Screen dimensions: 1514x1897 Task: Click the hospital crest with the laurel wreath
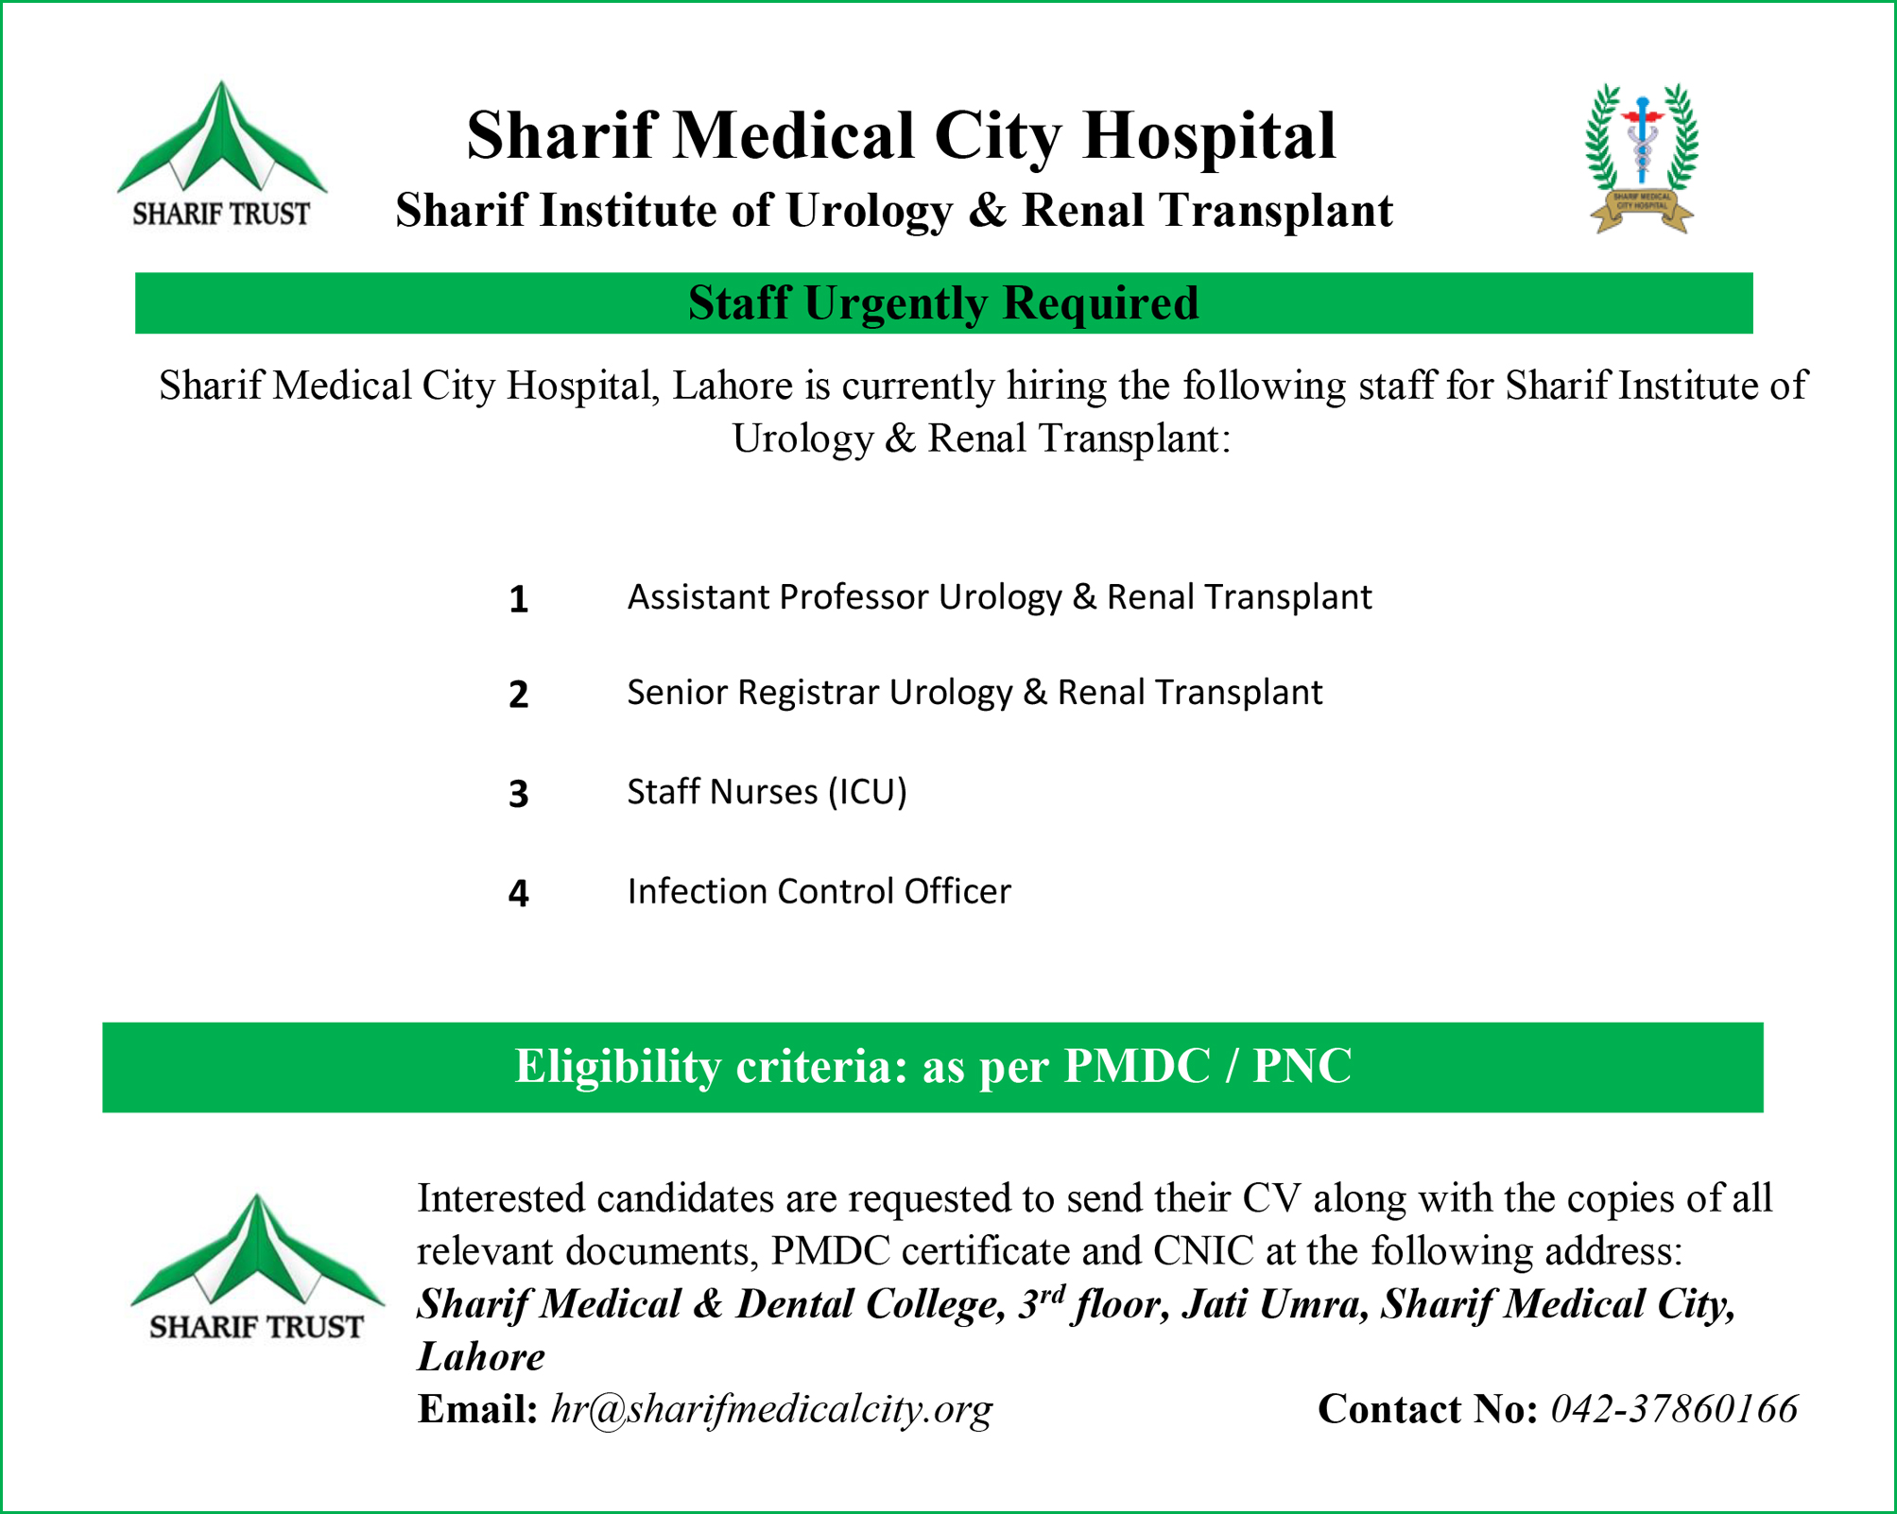[1642, 158]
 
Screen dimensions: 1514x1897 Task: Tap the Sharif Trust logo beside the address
[256, 1266]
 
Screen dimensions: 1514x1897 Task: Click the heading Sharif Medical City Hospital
[901, 135]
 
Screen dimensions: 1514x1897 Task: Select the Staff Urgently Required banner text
[943, 303]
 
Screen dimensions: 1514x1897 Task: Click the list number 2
[518, 696]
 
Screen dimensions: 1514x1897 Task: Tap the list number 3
[518, 794]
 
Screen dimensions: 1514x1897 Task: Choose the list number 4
[518, 893]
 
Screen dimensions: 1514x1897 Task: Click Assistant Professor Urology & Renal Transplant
[999, 597]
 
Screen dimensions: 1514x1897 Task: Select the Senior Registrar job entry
[974, 693]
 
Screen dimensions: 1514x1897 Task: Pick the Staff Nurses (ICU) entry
[767, 792]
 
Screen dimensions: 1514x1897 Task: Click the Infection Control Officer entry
[819, 891]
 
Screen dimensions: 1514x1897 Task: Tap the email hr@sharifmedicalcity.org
[771, 1409]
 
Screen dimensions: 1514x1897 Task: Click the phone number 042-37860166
[1674, 1409]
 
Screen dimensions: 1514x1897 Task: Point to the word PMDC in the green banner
[1137, 1067]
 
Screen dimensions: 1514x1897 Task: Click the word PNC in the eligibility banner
[1302, 1067]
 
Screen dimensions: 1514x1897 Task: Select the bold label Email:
[477, 1409]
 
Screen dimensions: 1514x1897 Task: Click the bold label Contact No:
[1427, 1409]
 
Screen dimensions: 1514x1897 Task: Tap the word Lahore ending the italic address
[481, 1357]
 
